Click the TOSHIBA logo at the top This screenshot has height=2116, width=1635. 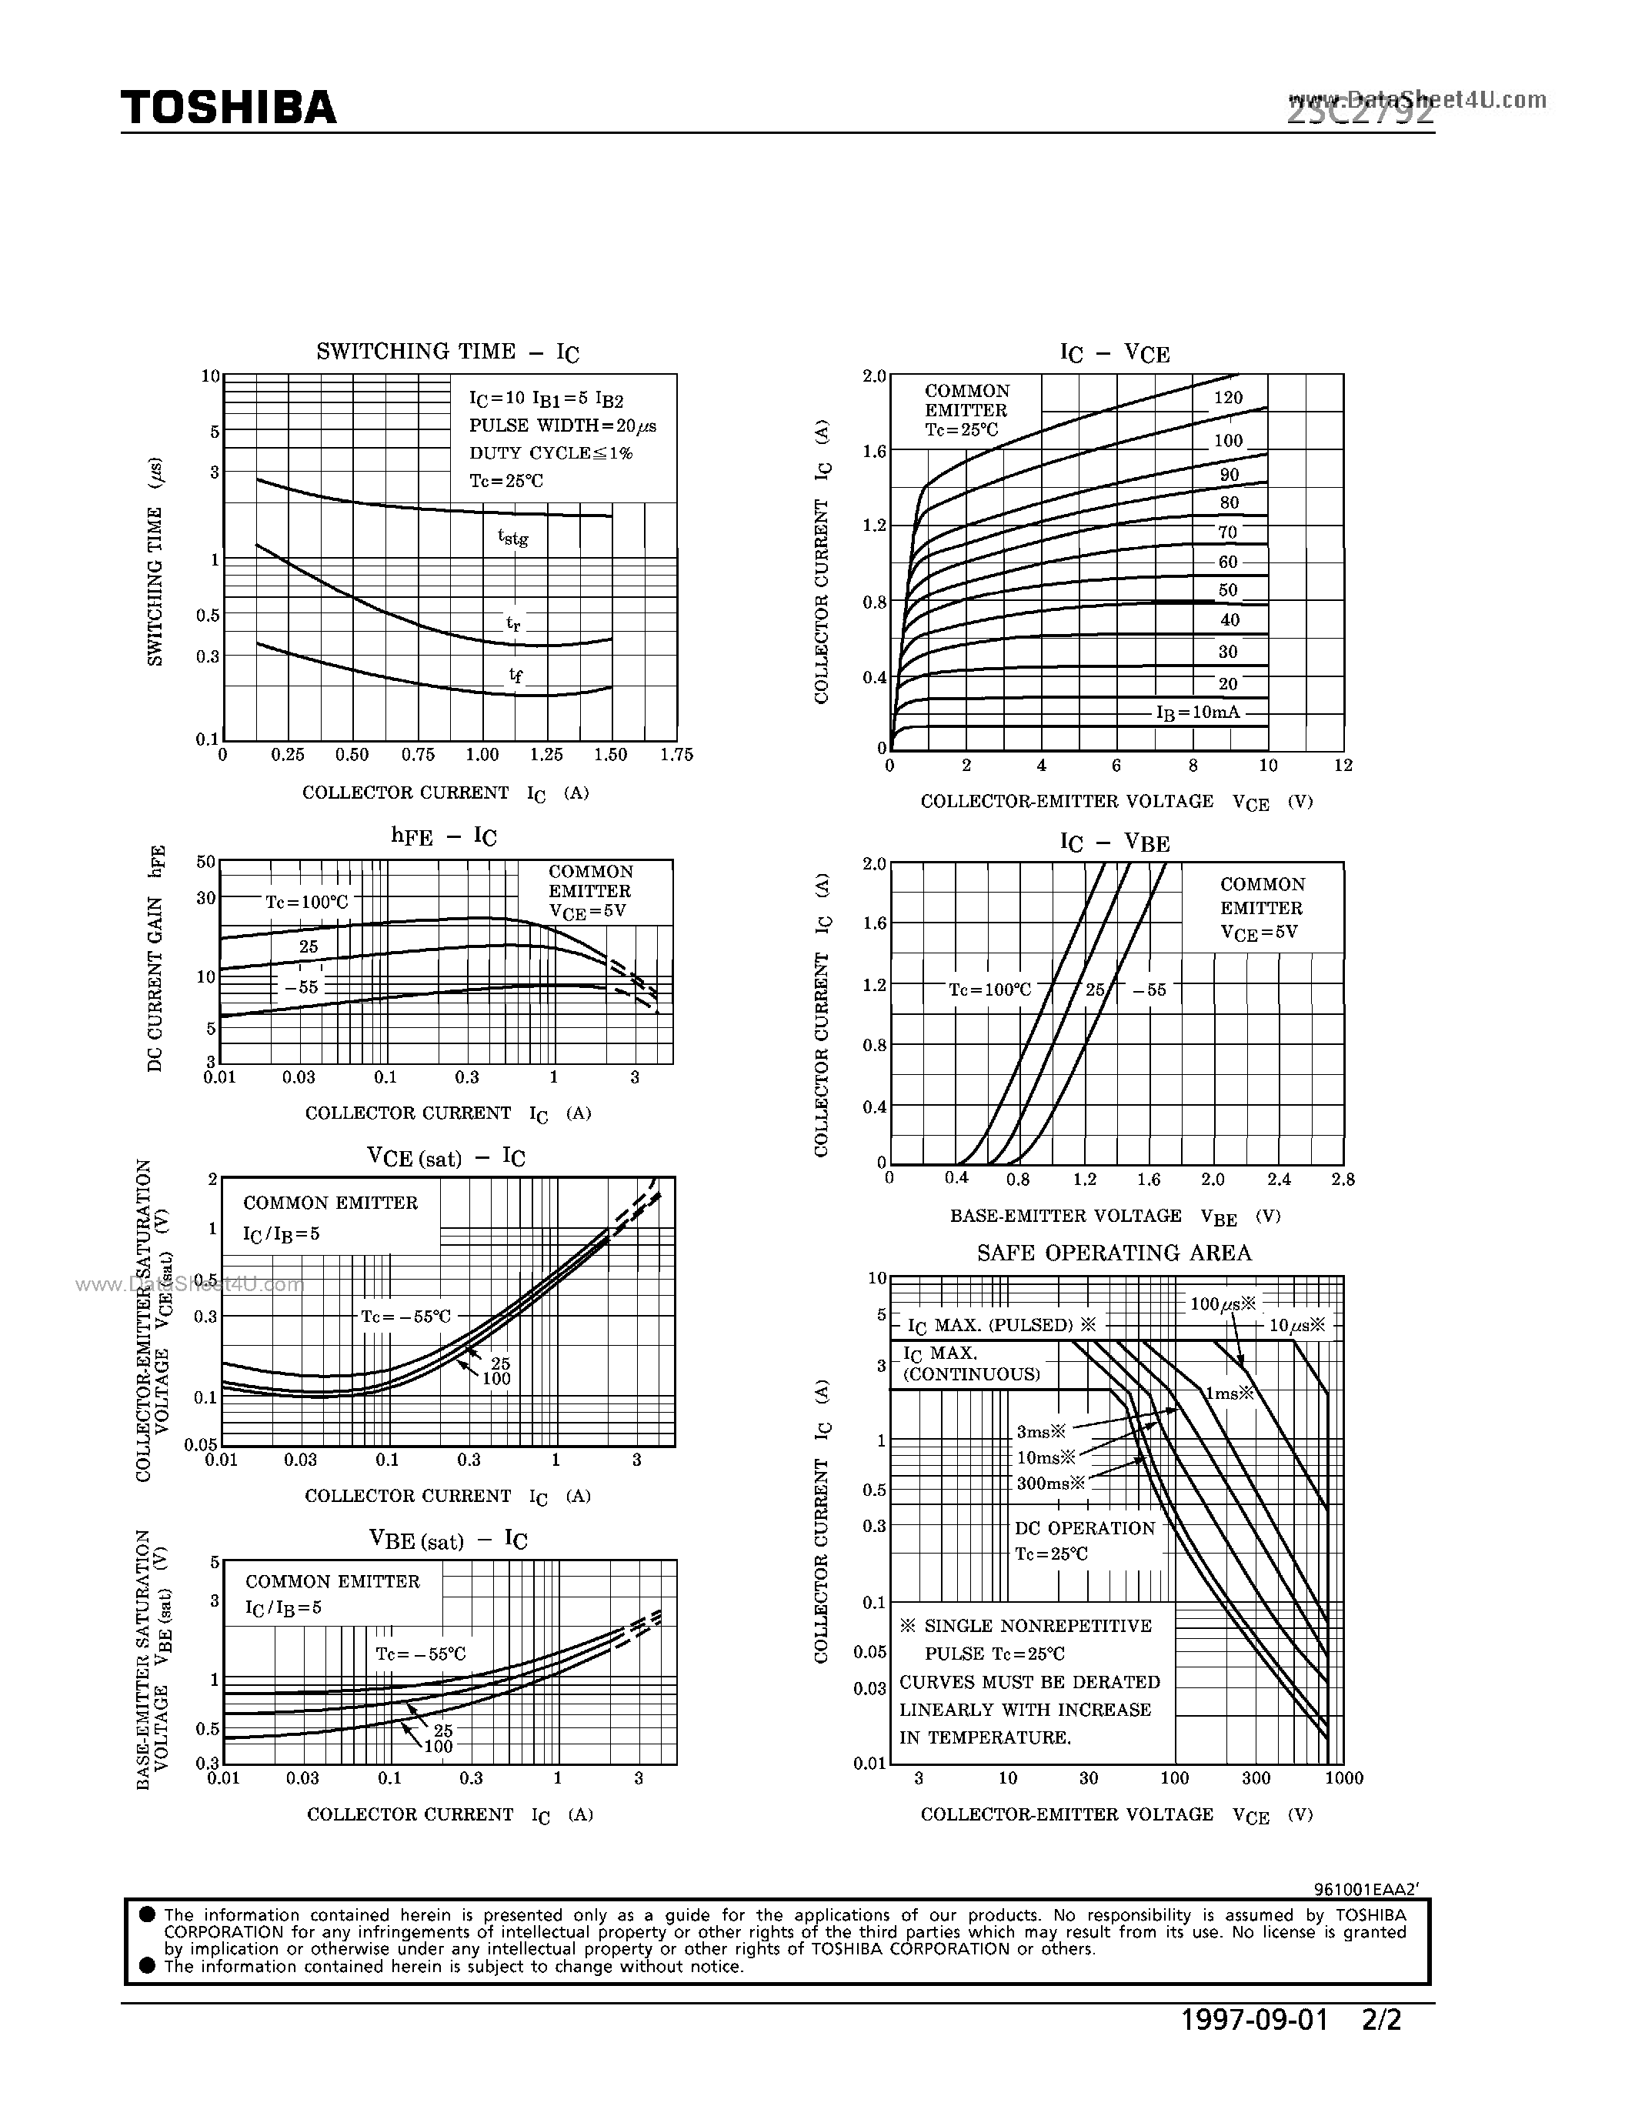point(229,108)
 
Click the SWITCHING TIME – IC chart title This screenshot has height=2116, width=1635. point(448,352)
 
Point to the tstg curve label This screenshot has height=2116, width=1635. point(512,537)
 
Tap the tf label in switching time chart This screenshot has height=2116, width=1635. point(516,676)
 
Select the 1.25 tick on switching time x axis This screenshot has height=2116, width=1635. point(546,755)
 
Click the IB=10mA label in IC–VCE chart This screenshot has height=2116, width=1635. point(1197,712)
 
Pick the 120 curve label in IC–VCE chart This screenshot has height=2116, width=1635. point(1227,397)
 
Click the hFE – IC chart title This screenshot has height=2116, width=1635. point(444,836)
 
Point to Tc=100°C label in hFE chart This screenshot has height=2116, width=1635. point(306,902)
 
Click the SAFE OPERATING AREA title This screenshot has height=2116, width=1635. point(1114,1253)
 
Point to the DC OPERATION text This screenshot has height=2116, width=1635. point(1085,1528)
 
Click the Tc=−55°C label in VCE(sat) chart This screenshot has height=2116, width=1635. point(405,1317)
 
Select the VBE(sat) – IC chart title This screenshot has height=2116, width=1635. point(448,1541)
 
